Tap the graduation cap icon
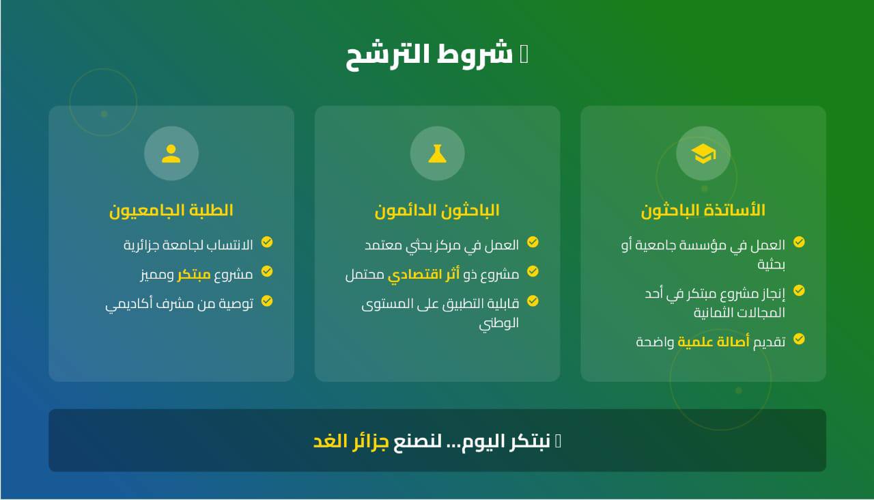pyautogui.click(x=703, y=154)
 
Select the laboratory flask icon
pyautogui.click(x=437, y=154)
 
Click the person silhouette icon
pyautogui.click(x=171, y=154)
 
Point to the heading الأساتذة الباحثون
pyautogui.click(x=703, y=210)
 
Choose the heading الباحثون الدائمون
pyautogui.click(x=437, y=210)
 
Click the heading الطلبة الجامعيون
pyautogui.click(x=171, y=210)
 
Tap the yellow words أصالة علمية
pyautogui.click(x=714, y=342)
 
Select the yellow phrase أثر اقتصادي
pyautogui.click(x=424, y=274)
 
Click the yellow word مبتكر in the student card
pyautogui.click(x=194, y=274)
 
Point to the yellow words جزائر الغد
pyautogui.click(x=351, y=441)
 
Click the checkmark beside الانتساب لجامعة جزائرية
pyautogui.click(x=267, y=242)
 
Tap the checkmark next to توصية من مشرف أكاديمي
pyautogui.click(x=267, y=301)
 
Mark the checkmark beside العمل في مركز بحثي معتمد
pyautogui.click(x=533, y=242)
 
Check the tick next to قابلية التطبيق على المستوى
pyautogui.click(x=533, y=301)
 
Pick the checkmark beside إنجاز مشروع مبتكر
pyautogui.click(x=799, y=290)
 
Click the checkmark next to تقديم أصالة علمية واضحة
pyautogui.click(x=799, y=339)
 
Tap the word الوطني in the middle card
pyautogui.click(x=499, y=324)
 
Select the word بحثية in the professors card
pyautogui.click(x=772, y=264)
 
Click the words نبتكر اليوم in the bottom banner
pyautogui.click(x=506, y=441)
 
